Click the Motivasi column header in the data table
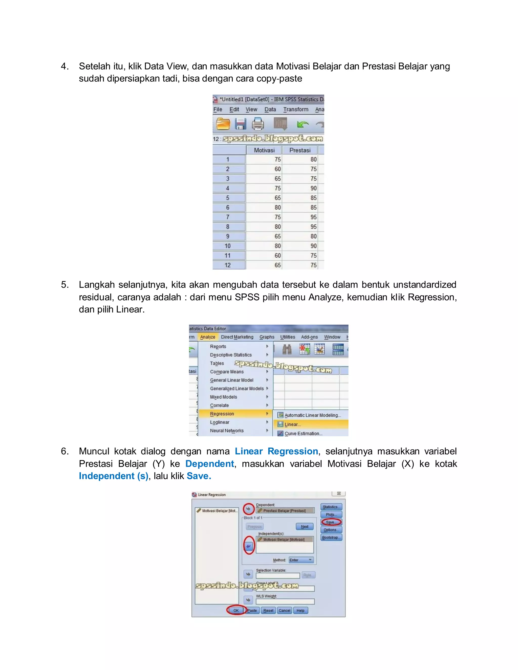[x=264, y=150]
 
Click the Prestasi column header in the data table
[x=300, y=150]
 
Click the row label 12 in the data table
[x=228, y=265]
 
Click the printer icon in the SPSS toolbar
[x=258, y=124]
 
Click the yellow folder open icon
[x=223, y=124]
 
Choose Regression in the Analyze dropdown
[x=222, y=414]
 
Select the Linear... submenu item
[x=292, y=425]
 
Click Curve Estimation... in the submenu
[x=303, y=433]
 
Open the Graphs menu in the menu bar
[x=267, y=337]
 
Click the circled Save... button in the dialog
[x=331, y=522]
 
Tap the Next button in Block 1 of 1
[x=305, y=527]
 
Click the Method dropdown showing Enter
[x=301, y=560]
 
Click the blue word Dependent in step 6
[x=210, y=463]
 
